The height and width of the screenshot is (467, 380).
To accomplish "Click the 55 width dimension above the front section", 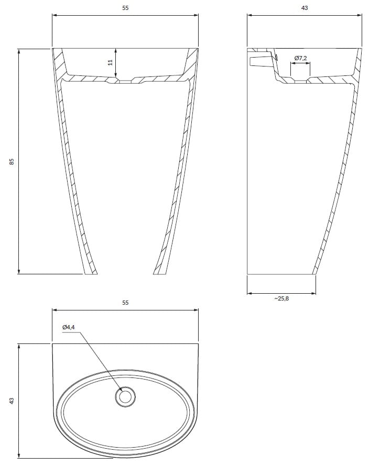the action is (125, 8).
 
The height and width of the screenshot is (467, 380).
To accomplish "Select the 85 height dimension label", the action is (12, 161).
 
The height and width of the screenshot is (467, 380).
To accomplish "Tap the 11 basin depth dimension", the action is (111, 62).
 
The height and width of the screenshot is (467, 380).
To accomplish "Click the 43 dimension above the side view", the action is (304, 8).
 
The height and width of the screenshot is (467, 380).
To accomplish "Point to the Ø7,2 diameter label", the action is (300, 58).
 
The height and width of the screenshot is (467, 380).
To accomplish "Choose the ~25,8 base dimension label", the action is (281, 298).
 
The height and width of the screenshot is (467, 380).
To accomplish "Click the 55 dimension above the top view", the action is (125, 303).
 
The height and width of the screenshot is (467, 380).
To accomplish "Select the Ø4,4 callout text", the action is (69, 327).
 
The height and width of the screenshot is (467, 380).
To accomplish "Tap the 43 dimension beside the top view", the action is (12, 401).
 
